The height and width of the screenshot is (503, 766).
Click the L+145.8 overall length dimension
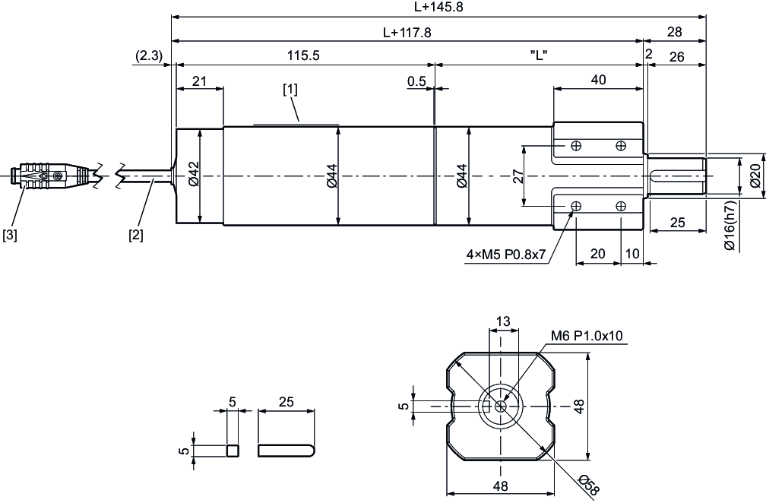click(438, 7)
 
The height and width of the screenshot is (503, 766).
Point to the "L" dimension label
click(538, 55)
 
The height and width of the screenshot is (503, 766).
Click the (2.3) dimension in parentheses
click(149, 55)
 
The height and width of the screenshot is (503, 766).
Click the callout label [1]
click(290, 89)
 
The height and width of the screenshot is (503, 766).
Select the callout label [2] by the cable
click(136, 235)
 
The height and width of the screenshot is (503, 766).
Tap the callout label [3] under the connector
click(10, 235)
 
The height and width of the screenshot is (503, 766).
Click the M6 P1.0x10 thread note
click(587, 336)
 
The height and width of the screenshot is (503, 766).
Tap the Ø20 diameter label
click(755, 176)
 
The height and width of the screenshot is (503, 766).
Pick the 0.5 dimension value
click(416, 81)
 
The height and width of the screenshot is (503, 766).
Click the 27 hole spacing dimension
click(518, 176)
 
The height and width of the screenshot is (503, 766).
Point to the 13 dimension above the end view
click(502, 321)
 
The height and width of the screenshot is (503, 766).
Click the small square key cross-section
click(233, 450)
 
